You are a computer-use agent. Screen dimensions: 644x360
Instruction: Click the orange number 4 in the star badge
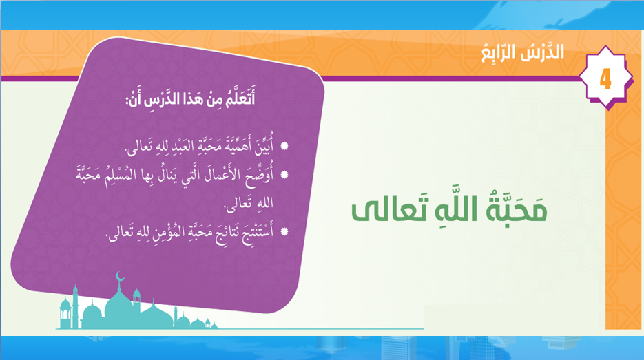point(605,78)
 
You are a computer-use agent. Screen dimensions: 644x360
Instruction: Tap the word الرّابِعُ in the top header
point(498,53)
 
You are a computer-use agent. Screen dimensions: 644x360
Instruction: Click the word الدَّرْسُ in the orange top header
point(542,52)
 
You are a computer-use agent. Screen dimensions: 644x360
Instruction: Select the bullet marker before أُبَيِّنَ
point(284,146)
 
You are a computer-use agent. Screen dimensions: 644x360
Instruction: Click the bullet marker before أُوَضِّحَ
point(284,175)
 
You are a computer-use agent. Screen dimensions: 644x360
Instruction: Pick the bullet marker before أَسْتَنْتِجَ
point(284,231)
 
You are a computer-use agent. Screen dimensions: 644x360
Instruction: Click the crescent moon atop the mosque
point(120,275)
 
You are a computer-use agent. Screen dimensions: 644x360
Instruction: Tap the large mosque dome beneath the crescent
point(119,306)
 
